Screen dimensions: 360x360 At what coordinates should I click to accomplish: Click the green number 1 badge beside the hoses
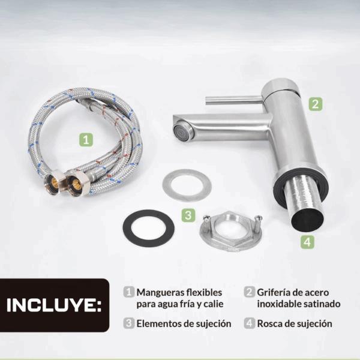click(86, 140)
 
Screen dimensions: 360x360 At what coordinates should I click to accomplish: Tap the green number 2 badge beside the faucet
click(316, 104)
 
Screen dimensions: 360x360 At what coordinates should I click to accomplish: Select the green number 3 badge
click(188, 215)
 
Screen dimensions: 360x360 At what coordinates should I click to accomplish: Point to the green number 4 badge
click(307, 242)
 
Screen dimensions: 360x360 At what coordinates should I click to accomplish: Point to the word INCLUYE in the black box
click(54, 305)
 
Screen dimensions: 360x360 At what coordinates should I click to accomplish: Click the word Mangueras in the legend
click(160, 293)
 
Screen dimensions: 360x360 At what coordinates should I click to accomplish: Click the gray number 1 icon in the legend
click(129, 292)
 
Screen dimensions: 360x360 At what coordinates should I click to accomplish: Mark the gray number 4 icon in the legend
click(250, 323)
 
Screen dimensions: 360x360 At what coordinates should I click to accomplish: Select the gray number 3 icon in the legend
click(129, 323)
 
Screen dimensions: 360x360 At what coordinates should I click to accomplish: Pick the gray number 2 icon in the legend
click(250, 292)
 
